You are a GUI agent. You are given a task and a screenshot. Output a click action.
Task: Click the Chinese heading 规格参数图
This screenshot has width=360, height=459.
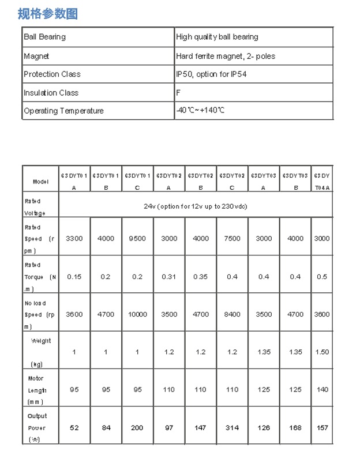(47, 13)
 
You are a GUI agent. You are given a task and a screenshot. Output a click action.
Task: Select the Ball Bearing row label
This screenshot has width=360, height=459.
(44, 37)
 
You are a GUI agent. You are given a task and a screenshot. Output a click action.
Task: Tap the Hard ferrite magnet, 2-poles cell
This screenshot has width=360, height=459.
(226, 56)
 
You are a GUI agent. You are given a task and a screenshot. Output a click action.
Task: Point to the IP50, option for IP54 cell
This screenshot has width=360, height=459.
(211, 74)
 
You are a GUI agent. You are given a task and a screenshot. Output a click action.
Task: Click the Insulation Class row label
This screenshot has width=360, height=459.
(51, 93)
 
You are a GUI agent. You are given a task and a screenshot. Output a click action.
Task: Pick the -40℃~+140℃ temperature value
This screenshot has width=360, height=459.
(200, 110)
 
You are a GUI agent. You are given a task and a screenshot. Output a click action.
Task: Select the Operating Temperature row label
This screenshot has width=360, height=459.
(63, 111)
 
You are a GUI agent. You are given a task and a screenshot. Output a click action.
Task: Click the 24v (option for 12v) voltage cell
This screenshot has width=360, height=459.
(196, 206)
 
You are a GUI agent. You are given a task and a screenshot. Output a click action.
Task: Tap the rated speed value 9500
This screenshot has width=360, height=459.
(137, 238)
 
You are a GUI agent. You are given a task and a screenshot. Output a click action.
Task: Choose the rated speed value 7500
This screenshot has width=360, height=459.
(232, 238)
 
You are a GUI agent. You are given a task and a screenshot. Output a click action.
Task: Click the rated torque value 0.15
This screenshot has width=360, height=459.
(74, 276)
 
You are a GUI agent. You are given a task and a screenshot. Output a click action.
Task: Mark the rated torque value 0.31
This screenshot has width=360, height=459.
(169, 276)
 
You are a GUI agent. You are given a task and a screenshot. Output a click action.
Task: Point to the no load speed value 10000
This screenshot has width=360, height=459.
(137, 314)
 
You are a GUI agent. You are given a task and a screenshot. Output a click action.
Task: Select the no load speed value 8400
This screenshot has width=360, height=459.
(232, 314)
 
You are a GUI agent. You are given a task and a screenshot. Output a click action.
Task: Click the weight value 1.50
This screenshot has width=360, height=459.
(322, 352)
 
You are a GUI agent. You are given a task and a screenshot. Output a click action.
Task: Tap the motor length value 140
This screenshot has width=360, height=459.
(322, 390)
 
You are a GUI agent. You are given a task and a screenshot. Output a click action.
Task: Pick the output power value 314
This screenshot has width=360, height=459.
(232, 428)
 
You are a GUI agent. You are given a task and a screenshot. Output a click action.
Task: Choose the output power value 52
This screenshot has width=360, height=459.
(74, 428)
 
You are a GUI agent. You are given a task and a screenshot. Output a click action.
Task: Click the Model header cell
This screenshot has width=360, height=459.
(40, 181)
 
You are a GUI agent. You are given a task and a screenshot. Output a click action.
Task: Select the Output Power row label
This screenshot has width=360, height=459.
(37, 428)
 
